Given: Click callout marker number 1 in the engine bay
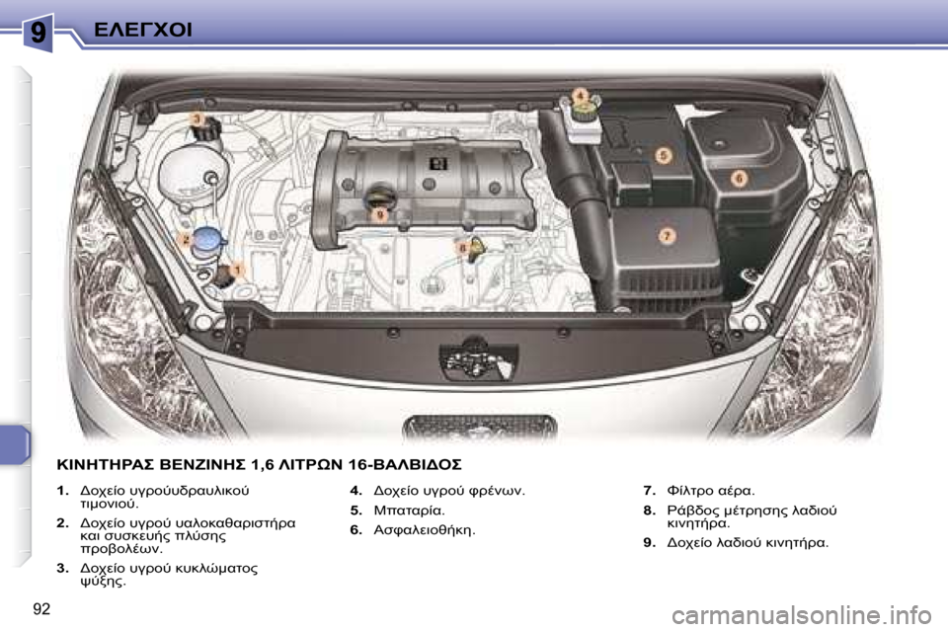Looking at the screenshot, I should pos(238,268).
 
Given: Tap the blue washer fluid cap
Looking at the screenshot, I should pos(207,238).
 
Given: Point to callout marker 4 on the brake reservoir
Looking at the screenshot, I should pos(582,95).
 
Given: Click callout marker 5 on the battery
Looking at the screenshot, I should pos(665,155).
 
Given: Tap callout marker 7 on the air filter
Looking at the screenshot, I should pos(666,236).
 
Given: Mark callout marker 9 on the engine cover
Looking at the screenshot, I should pos(379,212).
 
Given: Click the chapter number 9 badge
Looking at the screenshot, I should pos(38,32).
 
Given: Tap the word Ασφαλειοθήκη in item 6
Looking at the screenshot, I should pos(426,531).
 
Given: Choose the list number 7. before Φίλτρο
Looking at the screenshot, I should pos(649,490).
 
